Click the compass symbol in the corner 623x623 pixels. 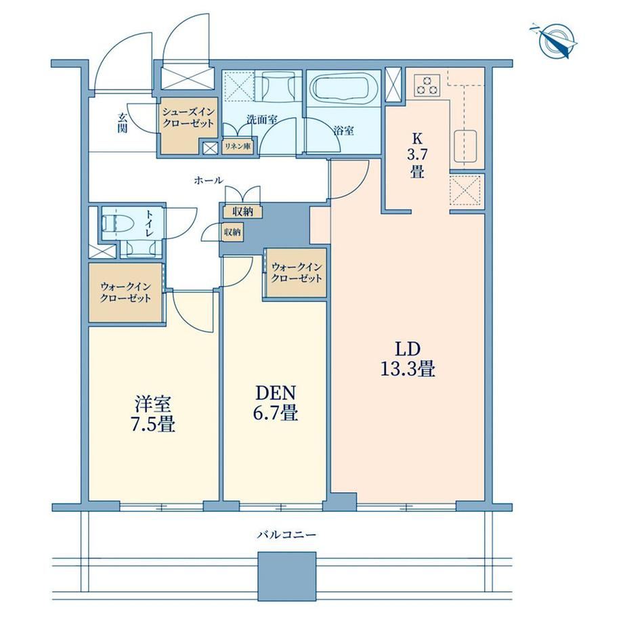point(553,41)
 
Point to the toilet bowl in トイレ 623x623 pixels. point(112,223)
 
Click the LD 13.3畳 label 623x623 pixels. point(408,359)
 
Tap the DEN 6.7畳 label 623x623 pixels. point(276,403)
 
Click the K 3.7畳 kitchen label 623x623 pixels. point(416,155)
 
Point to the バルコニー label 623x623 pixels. point(286,534)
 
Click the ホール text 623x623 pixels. point(209,181)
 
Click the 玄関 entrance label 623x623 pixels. point(123,123)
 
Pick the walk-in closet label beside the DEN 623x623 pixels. point(296,272)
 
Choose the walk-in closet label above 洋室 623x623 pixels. point(125,292)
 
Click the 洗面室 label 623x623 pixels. point(262,120)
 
